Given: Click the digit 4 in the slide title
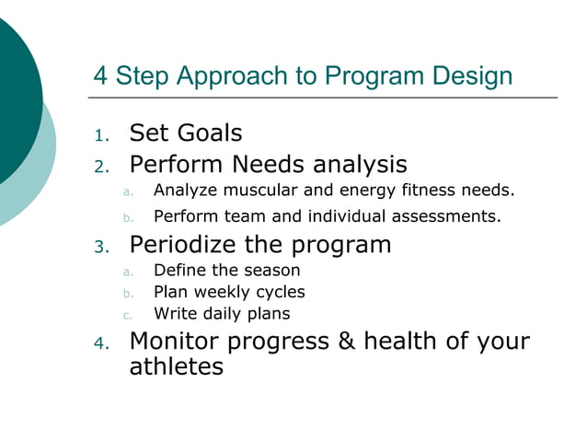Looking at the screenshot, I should tap(100, 75).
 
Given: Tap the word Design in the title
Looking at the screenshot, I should tap(469, 75).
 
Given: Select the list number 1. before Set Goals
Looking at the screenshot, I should tap(101, 136).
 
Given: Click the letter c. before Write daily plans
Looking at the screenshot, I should tap(128, 315).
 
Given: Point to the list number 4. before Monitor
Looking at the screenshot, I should tap(101, 344).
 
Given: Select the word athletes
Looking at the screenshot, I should tap(177, 367).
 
